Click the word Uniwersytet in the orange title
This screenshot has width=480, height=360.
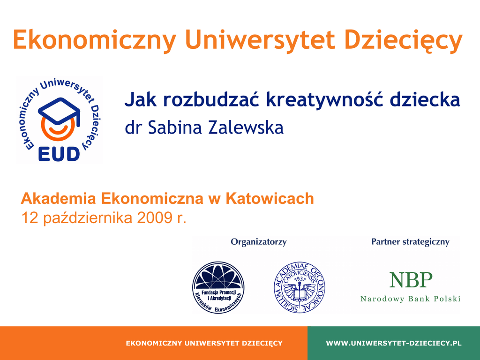click(260, 39)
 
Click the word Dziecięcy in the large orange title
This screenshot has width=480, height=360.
click(404, 41)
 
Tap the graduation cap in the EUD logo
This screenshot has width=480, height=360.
click(60, 112)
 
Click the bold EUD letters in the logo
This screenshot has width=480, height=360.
click(59, 154)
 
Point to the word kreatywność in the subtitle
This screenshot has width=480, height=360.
click(325, 99)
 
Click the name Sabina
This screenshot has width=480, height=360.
click(175, 127)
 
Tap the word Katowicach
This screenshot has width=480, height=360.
click(270, 198)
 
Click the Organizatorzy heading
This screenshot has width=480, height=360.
click(259, 242)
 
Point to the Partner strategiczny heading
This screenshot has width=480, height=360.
click(410, 242)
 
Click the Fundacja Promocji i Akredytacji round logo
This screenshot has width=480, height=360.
click(218, 287)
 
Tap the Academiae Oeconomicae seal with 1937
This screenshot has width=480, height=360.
click(300, 287)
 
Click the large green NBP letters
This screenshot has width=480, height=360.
click(411, 280)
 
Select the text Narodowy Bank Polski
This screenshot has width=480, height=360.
click(411, 299)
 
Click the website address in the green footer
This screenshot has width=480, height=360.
click(394, 343)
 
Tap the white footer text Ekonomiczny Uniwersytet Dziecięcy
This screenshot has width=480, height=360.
click(204, 343)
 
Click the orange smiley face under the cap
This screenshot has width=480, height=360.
click(58, 128)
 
